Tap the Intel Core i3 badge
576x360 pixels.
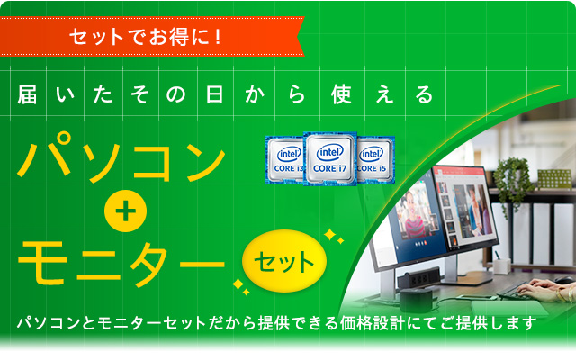[x=284, y=160]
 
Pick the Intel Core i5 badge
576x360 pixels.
[x=375, y=159]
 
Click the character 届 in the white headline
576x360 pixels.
[x=28, y=93]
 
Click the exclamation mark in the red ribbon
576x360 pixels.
[x=219, y=38]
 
